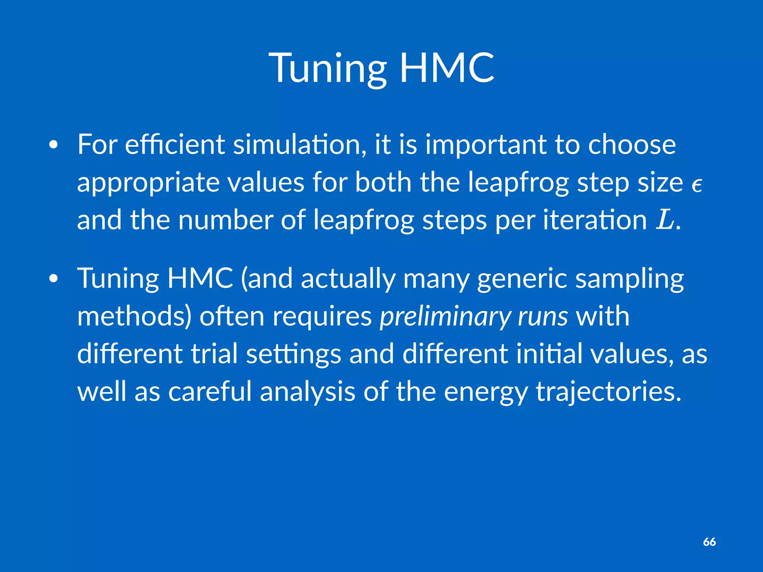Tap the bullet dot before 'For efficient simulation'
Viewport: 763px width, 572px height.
click(x=54, y=146)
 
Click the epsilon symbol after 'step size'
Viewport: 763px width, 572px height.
click(x=697, y=185)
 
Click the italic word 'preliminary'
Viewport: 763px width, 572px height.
click(x=445, y=317)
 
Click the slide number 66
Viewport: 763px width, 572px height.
click(x=709, y=542)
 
